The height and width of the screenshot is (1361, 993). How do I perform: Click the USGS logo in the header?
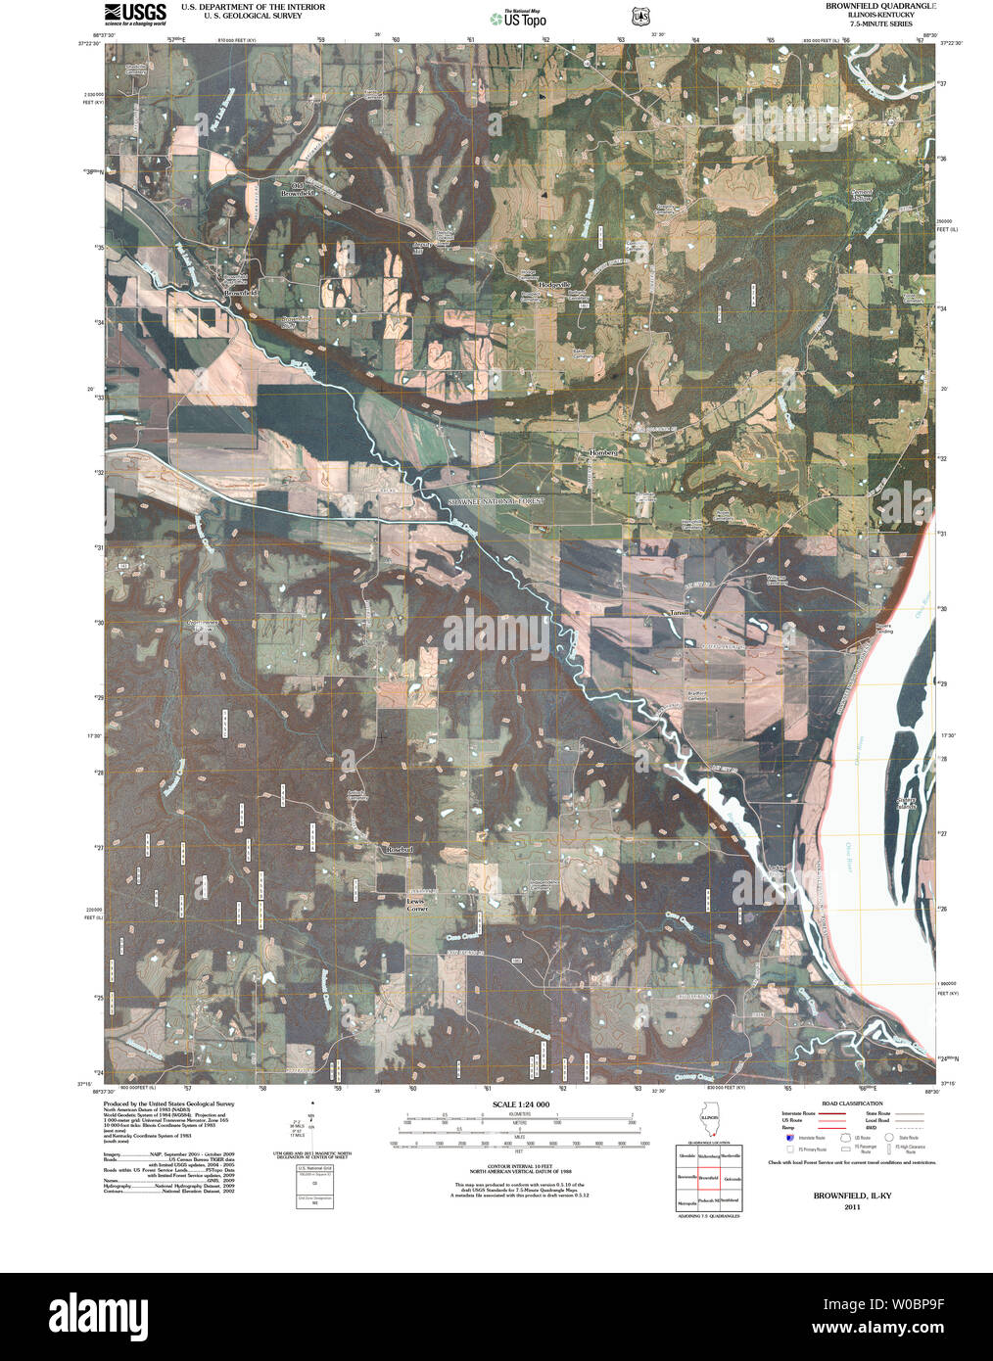(x=133, y=13)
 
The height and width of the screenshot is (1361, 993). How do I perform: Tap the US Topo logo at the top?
(x=519, y=17)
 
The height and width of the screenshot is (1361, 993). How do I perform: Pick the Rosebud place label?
(x=400, y=850)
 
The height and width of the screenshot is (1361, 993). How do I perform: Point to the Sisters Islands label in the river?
(x=906, y=803)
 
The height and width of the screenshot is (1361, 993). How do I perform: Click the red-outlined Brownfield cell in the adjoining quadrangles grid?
(x=709, y=1177)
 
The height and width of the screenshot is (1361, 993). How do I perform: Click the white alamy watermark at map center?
(x=496, y=632)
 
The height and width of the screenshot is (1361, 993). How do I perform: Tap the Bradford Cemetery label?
(x=697, y=696)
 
